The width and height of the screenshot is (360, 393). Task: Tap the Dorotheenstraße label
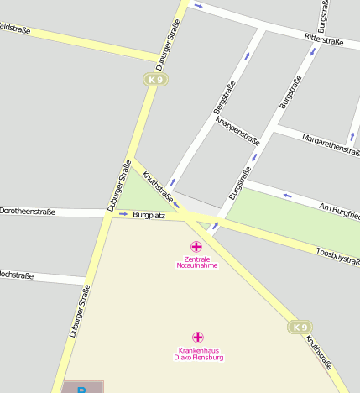(x=27, y=212)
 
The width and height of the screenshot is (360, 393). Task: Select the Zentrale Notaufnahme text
(x=197, y=262)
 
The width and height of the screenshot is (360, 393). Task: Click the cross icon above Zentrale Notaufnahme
(x=196, y=246)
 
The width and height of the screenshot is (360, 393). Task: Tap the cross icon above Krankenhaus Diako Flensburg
(x=198, y=337)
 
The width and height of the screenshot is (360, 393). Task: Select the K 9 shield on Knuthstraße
(x=300, y=327)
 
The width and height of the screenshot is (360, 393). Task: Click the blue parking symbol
(x=82, y=389)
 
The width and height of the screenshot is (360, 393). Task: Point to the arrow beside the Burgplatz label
(x=123, y=214)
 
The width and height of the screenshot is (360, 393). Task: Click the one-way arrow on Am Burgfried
(x=288, y=196)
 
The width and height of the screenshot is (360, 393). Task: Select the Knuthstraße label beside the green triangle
(x=159, y=188)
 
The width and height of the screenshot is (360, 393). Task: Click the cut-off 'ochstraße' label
(x=17, y=275)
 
